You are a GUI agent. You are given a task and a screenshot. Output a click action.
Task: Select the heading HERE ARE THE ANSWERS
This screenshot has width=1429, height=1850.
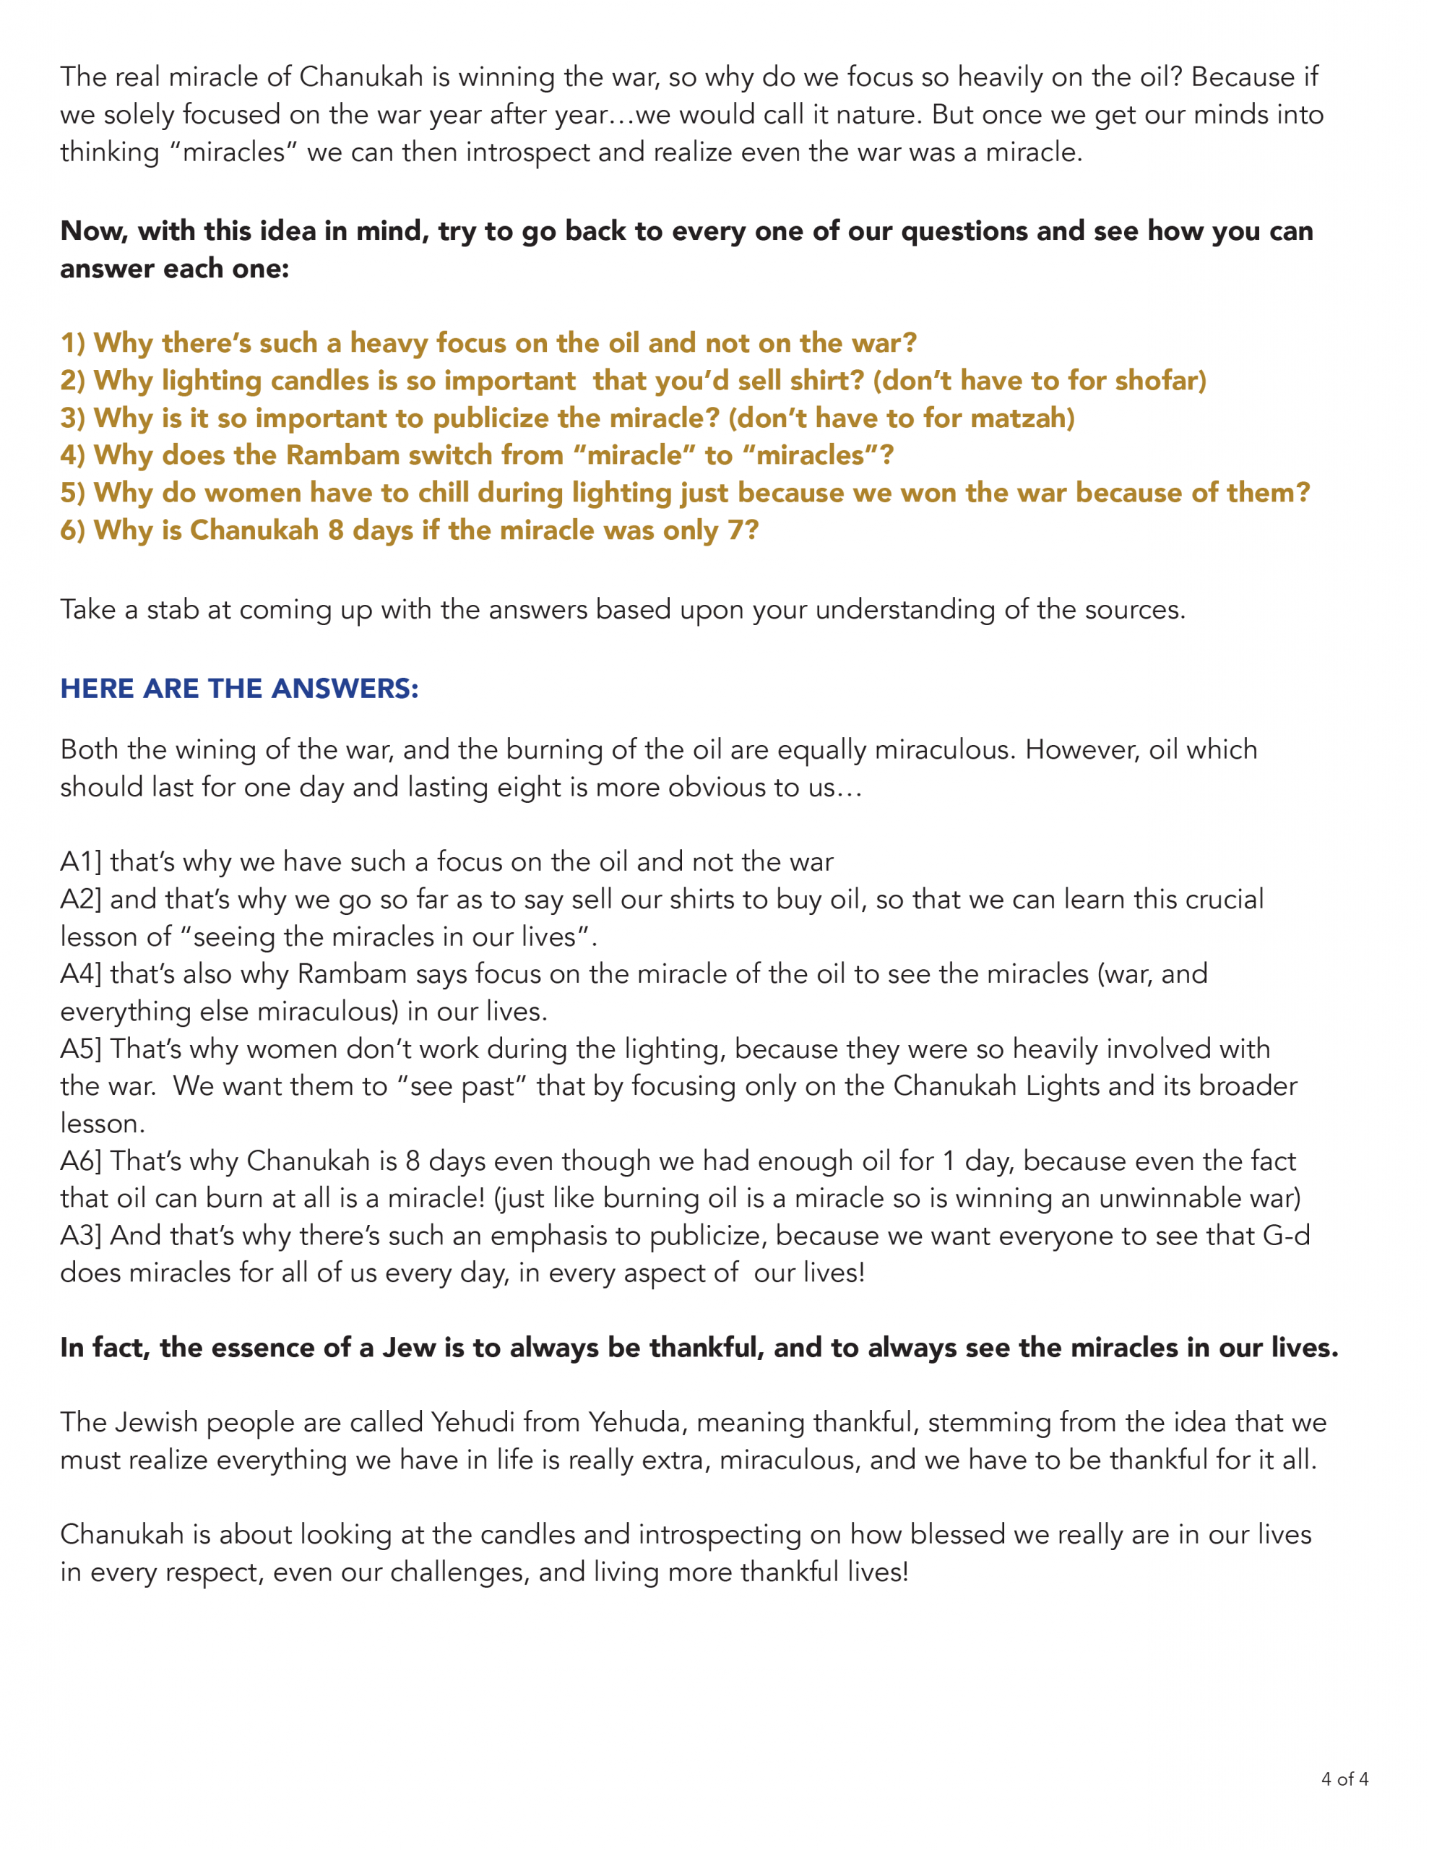[x=239, y=689]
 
